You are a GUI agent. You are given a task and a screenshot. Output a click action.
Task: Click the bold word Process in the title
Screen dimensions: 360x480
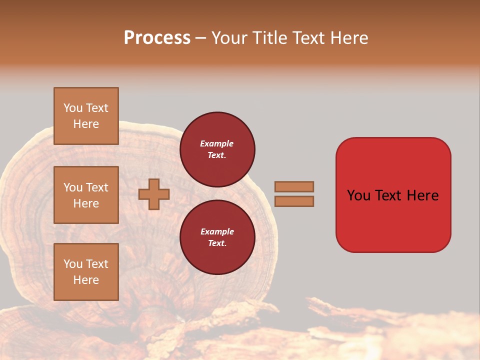157,38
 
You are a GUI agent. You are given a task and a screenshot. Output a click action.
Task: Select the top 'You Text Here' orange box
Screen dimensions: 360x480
86,116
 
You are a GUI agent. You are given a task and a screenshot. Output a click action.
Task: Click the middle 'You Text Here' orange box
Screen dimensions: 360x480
86,195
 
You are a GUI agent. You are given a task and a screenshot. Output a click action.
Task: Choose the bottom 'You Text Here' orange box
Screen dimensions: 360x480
86,272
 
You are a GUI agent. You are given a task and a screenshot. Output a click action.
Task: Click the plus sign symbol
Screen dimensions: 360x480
154,194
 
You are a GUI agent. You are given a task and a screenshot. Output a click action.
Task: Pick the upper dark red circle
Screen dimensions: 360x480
217,149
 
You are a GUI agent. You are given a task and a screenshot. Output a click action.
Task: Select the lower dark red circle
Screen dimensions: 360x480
217,237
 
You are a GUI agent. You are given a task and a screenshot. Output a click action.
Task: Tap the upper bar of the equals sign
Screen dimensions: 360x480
294,186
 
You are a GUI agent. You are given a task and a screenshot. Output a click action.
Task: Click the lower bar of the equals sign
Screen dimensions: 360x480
294,201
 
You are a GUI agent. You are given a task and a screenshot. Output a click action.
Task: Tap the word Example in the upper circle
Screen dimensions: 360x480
217,143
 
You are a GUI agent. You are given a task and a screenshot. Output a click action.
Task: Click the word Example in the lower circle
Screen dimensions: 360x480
217,231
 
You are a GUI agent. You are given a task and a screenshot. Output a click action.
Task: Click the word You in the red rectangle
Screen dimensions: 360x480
359,195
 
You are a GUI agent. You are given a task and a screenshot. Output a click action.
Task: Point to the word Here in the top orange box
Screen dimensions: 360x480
86,124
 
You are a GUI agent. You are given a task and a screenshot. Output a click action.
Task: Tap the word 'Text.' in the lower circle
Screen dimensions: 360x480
217,243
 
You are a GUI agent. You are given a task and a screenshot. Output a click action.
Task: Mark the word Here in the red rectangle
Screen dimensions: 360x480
422,195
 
